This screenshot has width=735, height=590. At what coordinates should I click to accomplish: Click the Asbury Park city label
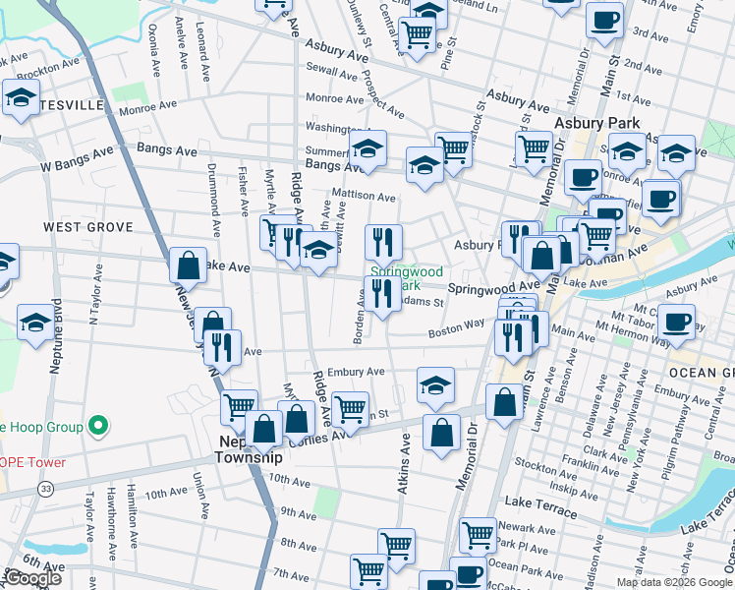[x=596, y=124]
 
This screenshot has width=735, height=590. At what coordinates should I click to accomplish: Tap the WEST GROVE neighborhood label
[x=87, y=227]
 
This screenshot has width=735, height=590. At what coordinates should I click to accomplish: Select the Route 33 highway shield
[x=46, y=488]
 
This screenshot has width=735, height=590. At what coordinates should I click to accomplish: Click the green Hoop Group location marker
[x=96, y=427]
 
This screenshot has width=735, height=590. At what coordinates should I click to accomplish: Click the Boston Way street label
[x=456, y=328]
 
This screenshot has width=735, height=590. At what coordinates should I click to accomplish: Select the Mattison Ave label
[x=363, y=195]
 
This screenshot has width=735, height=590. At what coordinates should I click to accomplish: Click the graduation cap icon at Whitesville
[x=20, y=98]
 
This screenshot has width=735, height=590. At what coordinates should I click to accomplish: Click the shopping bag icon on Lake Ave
[x=188, y=265]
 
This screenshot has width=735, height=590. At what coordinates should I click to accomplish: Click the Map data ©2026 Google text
[x=673, y=582]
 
